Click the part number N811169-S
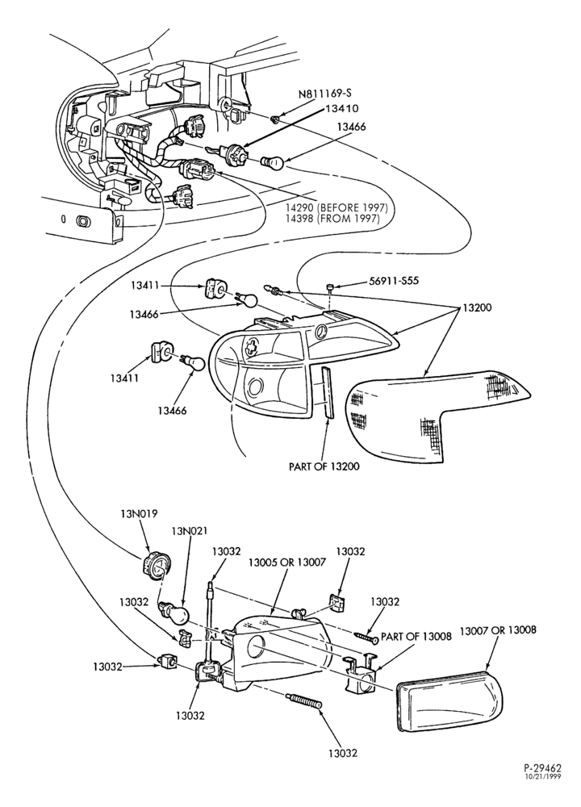[x=325, y=94]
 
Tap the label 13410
[x=342, y=109]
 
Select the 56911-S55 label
[x=395, y=282]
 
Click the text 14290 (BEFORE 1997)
[x=336, y=208]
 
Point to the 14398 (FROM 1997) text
[x=332, y=219]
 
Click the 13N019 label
[x=139, y=513]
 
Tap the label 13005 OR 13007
[x=287, y=562]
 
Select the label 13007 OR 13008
[x=498, y=630]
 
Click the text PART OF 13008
[x=416, y=637]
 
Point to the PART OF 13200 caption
[x=324, y=466]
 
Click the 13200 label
[x=477, y=307]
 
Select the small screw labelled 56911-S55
[x=331, y=286]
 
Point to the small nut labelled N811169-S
[x=275, y=120]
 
